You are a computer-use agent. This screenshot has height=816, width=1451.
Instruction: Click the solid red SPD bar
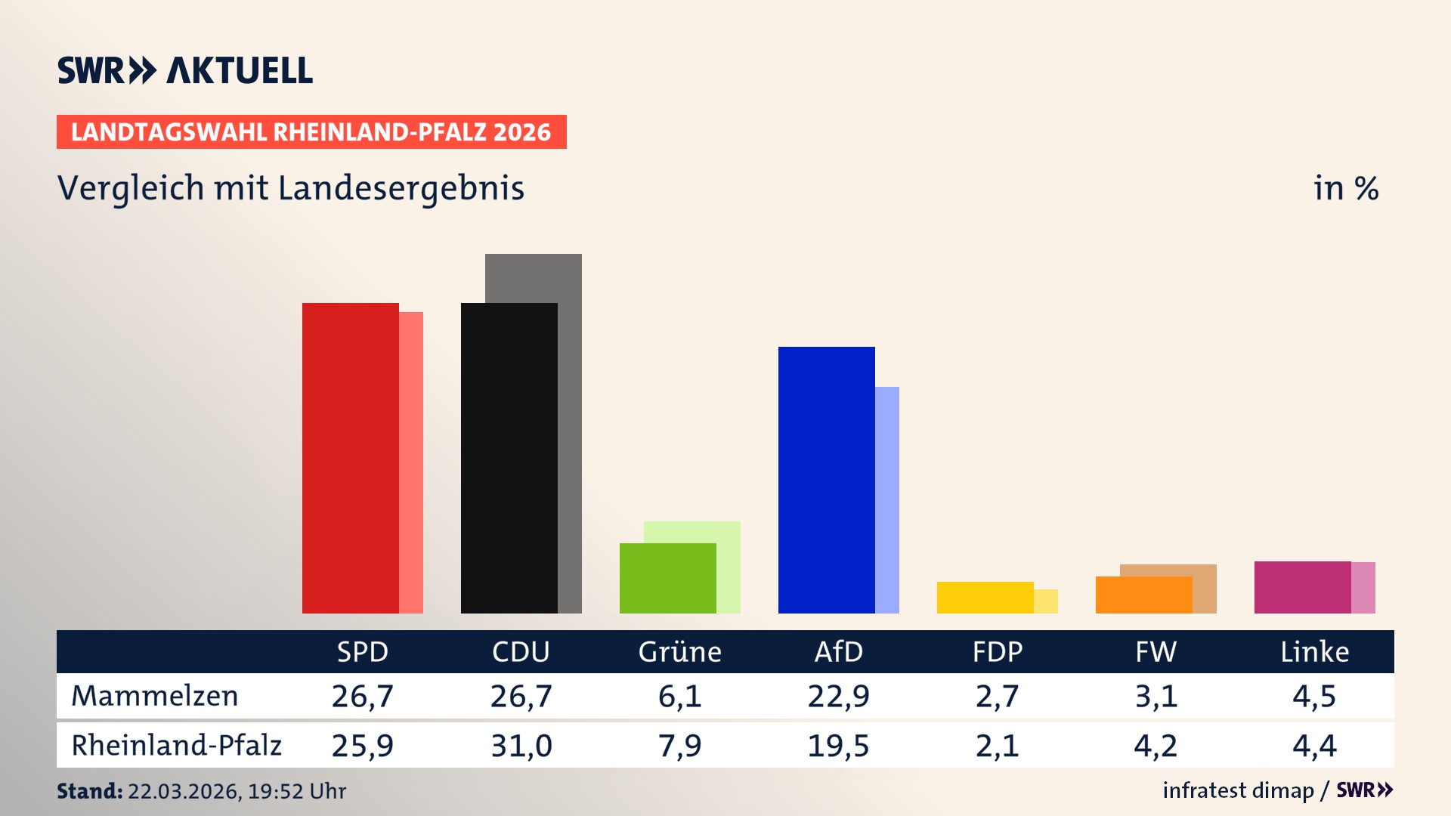pyautogui.click(x=350, y=458)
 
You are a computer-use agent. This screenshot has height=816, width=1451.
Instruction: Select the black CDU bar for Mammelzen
pyautogui.click(x=509, y=458)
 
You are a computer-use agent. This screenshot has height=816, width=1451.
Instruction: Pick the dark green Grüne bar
pyautogui.click(x=667, y=578)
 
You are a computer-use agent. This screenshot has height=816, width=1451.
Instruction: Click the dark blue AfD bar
pyautogui.click(x=826, y=480)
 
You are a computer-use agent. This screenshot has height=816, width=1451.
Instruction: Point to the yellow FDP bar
pyautogui.click(x=985, y=598)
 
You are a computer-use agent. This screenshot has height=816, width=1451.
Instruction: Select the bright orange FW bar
pyautogui.click(x=1143, y=595)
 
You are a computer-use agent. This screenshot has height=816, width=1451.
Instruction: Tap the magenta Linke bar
pyautogui.click(x=1302, y=587)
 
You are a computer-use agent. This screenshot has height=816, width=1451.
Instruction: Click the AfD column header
pyautogui.click(x=838, y=651)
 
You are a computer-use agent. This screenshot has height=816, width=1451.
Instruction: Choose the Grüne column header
pyautogui.click(x=679, y=651)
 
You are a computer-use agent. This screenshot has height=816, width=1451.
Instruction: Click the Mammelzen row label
pyautogui.click(x=154, y=696)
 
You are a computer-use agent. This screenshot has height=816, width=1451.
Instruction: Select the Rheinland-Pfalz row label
pyautogui.click(x=176, y=746)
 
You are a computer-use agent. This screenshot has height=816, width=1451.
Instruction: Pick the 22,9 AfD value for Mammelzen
pyautogui.click(x=838, y=696)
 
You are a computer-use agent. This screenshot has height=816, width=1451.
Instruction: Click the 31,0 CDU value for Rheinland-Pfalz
pyautogui.click(x=521, y=746)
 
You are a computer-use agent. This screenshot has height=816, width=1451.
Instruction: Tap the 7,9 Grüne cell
pyautogui.click(x=679, y=746)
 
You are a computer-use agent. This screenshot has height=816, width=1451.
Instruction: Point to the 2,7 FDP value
pyautogui.click(x=997, y=696)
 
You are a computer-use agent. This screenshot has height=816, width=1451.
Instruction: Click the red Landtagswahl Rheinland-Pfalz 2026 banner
pyautogui.click(x=311, y=131)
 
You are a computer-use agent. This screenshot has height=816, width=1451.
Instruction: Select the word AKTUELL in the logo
pyautogui.click(x=240, y=70)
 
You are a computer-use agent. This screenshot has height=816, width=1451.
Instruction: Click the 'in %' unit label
pyautogui.click(x=1345, y=188)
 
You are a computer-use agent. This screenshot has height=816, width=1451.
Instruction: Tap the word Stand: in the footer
pyautogui.click(x=89, y=791)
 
